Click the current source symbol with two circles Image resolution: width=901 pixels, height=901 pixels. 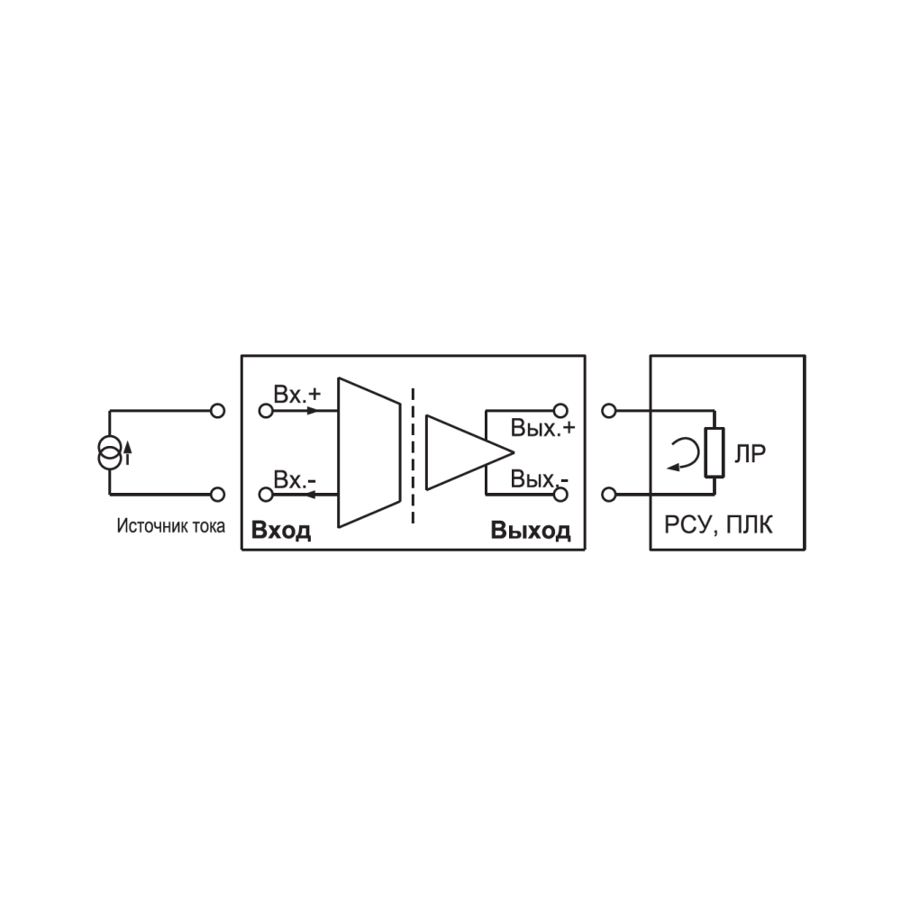109,452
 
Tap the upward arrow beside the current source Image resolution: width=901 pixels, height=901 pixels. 128,452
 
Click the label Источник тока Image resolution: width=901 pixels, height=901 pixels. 170,526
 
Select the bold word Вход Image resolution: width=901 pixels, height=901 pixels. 281,531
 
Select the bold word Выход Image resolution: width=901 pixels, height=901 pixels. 531,531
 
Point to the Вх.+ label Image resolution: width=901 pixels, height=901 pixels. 297,395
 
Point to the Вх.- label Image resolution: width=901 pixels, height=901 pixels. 295,480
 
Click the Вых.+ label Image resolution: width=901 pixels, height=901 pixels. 543,429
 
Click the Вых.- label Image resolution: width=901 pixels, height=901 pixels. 540,478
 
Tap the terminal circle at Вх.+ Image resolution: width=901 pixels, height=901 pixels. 266,411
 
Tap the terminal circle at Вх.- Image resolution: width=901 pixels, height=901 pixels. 266,494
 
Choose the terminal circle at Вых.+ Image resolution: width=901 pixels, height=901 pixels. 560,411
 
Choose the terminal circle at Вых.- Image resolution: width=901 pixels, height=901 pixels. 560,494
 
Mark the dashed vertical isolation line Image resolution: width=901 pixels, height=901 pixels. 413,456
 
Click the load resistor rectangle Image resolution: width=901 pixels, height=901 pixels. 714,452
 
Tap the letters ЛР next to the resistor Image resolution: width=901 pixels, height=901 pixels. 750,454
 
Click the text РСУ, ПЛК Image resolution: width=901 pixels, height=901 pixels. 718,525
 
